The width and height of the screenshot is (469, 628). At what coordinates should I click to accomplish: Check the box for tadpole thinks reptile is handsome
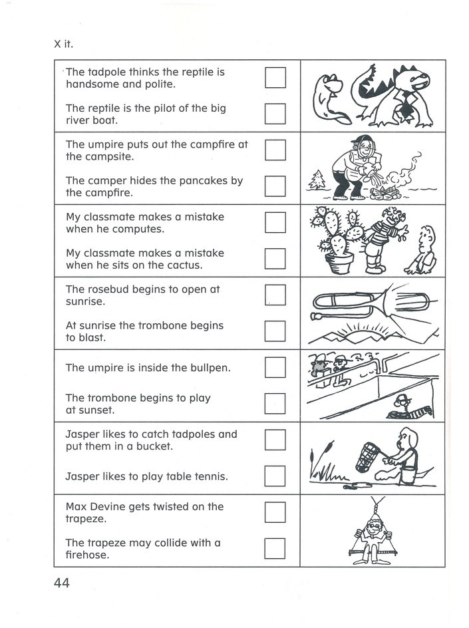point(275,78)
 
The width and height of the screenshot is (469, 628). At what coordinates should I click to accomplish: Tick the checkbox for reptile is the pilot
point(275,114)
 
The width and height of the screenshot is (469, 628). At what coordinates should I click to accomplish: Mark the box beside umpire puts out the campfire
point(275,150)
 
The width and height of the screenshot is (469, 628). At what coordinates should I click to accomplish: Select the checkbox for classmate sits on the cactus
point(275,259)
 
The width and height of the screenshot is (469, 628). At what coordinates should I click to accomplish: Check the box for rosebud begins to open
point(275,295)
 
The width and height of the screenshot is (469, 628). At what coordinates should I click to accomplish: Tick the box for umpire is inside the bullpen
point(275,367)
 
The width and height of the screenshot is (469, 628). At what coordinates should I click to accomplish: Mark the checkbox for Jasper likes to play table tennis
point(275,476)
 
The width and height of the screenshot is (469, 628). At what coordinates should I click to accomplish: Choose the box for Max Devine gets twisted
point(275,512)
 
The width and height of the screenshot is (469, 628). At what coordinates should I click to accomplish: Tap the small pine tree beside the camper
point(318,180)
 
